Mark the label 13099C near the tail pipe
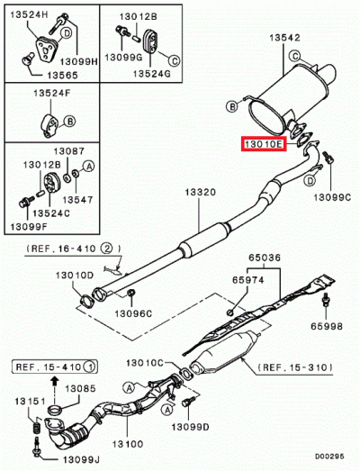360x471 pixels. pyautogui.click(x=333, y=195)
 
